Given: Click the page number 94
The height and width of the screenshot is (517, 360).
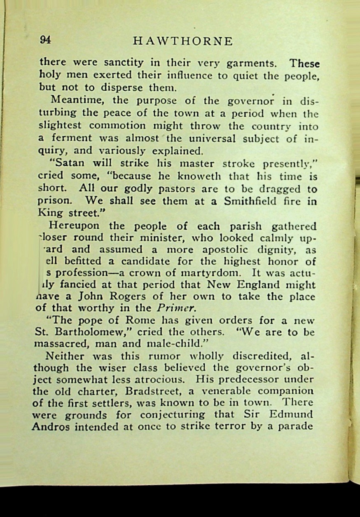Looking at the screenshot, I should point(45,40).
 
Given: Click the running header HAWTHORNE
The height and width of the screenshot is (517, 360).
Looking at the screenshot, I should point(183,41).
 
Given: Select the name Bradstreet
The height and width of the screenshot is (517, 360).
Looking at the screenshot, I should point(136,391).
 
